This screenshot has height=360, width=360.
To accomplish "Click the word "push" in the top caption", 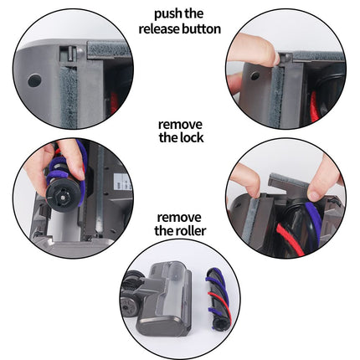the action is tap(167, 14).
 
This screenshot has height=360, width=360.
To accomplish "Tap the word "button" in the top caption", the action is tap(201, 28).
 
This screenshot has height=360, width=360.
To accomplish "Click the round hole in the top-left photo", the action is tap(34, 80).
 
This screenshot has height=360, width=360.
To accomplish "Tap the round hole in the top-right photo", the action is tap(255, 75).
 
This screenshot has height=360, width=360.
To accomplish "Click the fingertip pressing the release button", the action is tap(274, 57).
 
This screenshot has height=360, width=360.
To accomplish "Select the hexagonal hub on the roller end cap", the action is tap(63, 196).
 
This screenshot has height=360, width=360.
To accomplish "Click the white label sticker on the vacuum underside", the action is tap(123, 182).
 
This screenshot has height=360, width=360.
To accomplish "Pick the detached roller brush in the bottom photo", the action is tap(218, 299).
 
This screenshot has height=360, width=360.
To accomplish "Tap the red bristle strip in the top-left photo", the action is tap(114, 103).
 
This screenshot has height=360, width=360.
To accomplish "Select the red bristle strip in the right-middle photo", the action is tap(289, 239).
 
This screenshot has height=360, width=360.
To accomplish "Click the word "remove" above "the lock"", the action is tap(180, 125).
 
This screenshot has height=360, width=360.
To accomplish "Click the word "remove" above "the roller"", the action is tap(179, 218).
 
